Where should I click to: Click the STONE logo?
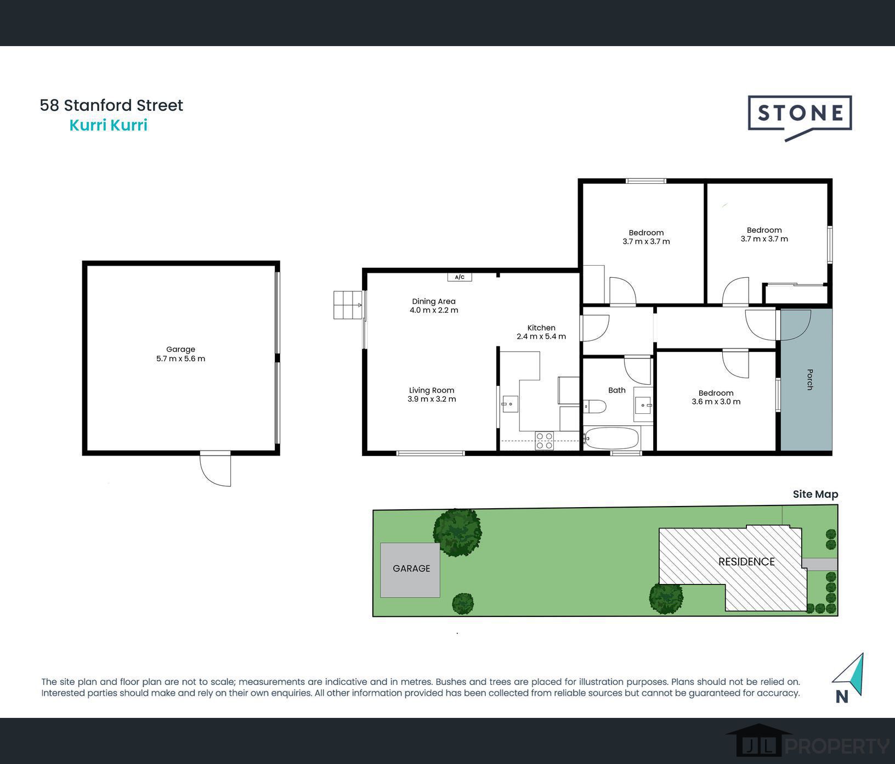(800, 114)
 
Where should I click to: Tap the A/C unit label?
(460, 277)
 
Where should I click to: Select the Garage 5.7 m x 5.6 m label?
(180, 354)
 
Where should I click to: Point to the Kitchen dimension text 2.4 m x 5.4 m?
(541, 336)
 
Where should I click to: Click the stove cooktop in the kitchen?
(545, 441)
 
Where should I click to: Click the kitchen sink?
(510, 404)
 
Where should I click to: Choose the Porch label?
(809, 379)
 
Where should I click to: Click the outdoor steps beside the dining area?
(348, 305)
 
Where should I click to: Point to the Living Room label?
(432, 390)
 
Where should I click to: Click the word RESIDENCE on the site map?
(746, 561)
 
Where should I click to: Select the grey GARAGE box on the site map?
(410, 570)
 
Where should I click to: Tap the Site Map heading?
(815, 494)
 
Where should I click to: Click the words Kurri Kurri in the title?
(108, 125)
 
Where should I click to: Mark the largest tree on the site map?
(457, 532)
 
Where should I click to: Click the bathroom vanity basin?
(642, 405)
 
